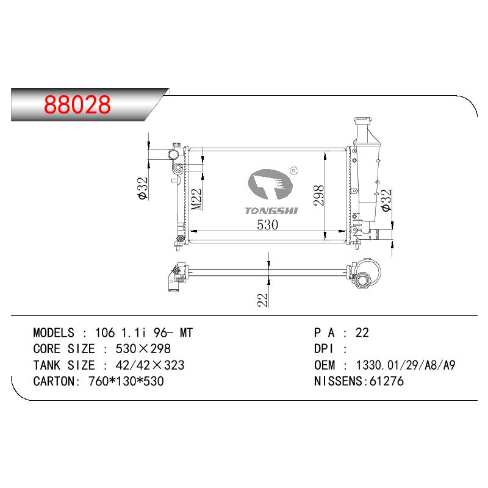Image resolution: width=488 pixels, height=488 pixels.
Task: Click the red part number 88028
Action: click(x=77, y=104)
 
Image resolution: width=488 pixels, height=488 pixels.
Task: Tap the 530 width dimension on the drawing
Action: click(x=268, y=224)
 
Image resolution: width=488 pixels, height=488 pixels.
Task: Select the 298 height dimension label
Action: click(x=319, y=195)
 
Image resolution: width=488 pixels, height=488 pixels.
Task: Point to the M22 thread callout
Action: click(x=196, y=199)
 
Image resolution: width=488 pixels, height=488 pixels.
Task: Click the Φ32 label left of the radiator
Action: click(x=143, y=188)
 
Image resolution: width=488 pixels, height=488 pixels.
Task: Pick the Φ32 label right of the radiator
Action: click(x=386, y=200)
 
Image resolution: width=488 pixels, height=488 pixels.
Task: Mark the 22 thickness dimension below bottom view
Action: click(x=263, y=300)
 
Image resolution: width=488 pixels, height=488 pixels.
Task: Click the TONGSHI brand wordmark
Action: click(x=271, y=210)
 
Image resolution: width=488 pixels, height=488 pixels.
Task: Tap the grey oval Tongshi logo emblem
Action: click(x=270, y=184)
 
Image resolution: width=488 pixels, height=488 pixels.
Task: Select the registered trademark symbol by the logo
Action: click(x=294, y=170)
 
